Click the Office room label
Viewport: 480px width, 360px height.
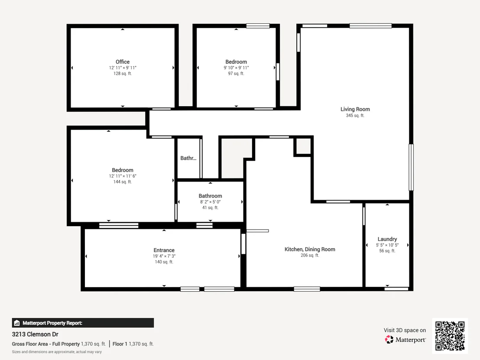coord(123,62)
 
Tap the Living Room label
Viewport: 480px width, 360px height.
coord(355,109)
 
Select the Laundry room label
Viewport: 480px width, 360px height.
coord(387,239)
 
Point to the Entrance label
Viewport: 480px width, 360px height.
coord(164,250)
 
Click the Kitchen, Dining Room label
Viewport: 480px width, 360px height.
coord(310,249)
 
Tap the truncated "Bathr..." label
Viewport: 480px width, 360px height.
coord(188,158)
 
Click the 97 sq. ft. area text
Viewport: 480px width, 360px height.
coord(236,74)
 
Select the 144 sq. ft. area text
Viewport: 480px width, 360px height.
coord(123,182)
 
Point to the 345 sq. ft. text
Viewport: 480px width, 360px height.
coord(355,115)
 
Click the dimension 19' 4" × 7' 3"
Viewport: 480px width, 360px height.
coord(164,256)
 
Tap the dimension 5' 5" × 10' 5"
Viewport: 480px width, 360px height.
coord(387,245)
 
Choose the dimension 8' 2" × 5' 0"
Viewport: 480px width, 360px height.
coord(210,202)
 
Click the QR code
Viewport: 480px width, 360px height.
coord(450,336)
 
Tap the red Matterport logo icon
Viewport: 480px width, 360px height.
coord(389,340)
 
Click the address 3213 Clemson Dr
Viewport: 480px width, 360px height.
coord(35,334)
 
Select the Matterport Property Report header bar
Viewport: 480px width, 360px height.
coord(83,323)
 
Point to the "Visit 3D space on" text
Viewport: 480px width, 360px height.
coord(405,330)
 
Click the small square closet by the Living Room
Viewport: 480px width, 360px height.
coord(303,146)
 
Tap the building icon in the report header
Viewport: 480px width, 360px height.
coord(17,323)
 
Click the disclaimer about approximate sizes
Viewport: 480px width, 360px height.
coord(57,352)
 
